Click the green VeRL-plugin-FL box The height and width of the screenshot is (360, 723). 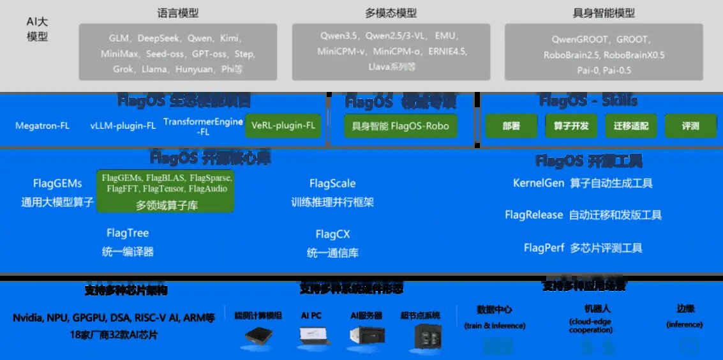coord(283,125)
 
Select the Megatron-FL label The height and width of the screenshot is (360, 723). coord(42,126)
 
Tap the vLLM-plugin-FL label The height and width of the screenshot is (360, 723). coord(123,126)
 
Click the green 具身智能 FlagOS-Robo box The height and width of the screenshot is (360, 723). coord(400,126)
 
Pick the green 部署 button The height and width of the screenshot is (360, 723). coord(511,126)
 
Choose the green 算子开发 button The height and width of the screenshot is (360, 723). coord(570,126)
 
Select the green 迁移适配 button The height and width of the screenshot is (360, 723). coord(630,126)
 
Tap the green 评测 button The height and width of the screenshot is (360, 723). coord(690,126)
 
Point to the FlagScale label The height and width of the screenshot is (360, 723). coord(332,184)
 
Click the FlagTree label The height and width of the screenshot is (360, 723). coord(128,233)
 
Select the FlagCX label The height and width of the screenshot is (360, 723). coord(332,234)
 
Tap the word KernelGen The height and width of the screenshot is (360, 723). coord(539,183)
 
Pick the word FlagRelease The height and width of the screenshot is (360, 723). coord(533,215)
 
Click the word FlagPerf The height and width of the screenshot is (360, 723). coord(544,248)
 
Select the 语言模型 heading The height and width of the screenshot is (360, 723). coord(177,13)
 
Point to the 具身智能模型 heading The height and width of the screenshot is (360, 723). coord(604,13)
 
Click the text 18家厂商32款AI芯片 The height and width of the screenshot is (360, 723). coord(114,334)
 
